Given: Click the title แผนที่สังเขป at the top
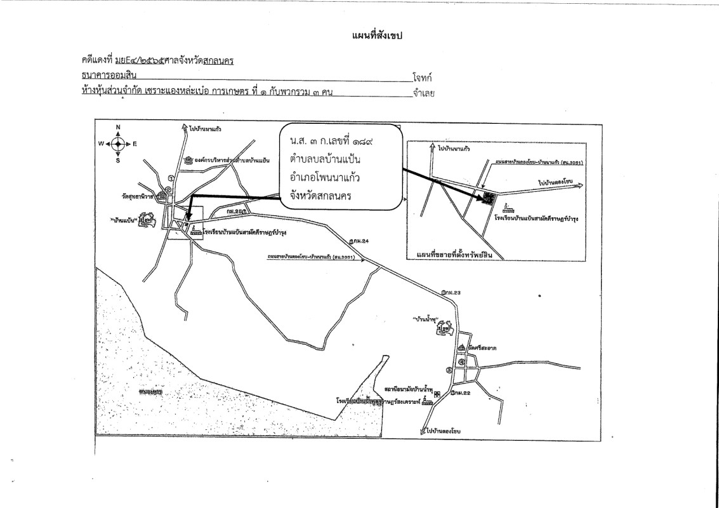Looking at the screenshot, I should coord(377,36).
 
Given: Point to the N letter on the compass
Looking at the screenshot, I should coord(118,127).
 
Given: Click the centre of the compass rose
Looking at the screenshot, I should coord(118,144).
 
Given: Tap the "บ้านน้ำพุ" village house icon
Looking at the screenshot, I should coord(449,328).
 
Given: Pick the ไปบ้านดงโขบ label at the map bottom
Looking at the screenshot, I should coord(449,431).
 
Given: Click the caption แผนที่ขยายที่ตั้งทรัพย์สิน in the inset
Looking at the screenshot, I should coord(451,255).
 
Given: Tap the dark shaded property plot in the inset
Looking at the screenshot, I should coord(489,198).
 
